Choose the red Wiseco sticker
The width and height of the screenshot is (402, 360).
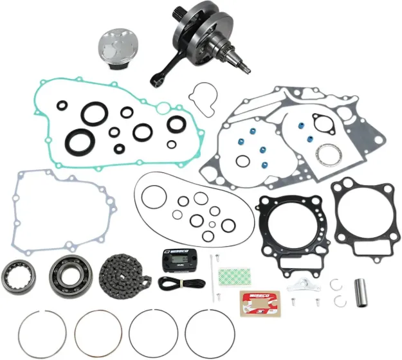tap(259, 301)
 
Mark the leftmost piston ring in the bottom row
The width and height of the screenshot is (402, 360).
tap(41, 336)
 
